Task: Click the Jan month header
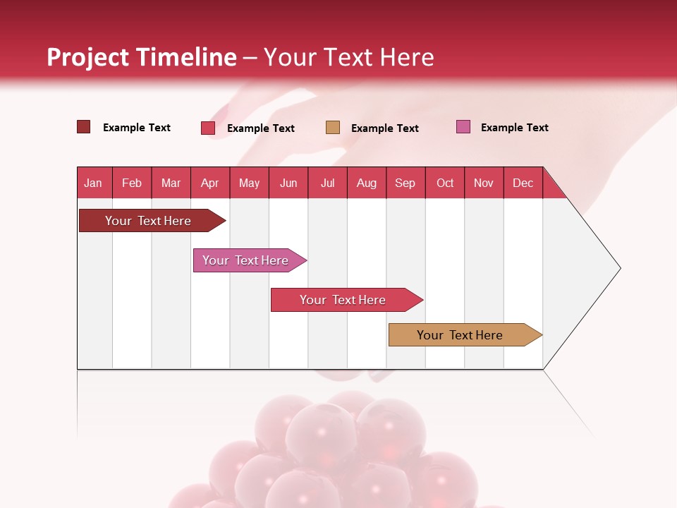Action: [x=93, y=183]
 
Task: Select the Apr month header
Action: [x=210, y=183]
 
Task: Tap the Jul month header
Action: [x=327, y=183]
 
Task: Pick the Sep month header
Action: [x=405, y=183]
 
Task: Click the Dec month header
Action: [x=523, y=183]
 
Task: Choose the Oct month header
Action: [x=445, y=183]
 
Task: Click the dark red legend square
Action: [x=83, y=127]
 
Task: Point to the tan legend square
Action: [x=333, y=128]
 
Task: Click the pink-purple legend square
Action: [x=463, y=127]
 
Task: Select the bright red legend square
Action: [x=208, y=128]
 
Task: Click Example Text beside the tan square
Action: [x=384, y=128]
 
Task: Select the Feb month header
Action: [x=132, y=183]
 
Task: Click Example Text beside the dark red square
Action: [x=137, y=128]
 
